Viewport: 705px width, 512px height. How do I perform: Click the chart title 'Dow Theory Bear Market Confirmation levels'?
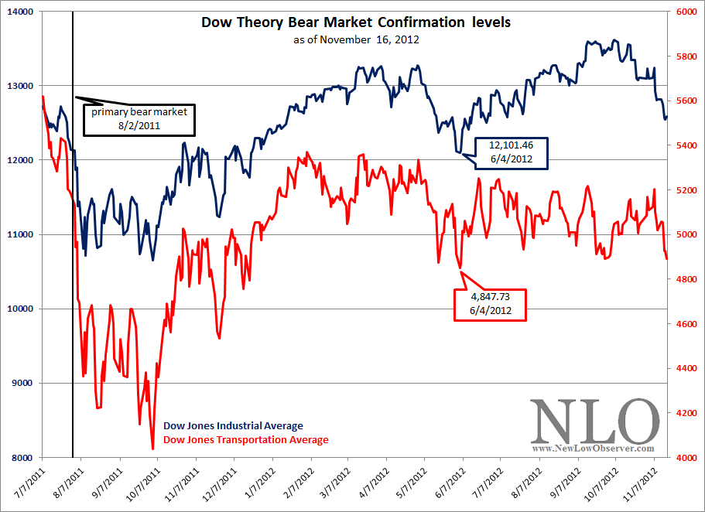click(x=355, y=22)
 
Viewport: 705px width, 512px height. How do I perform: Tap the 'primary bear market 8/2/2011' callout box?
click(x=139, y=118)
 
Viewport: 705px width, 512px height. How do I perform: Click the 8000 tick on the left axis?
click(x=20, y=458)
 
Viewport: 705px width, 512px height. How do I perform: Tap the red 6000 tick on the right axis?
click(x=684, y=12)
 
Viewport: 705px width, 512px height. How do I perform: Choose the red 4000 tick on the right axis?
click(x=684, y=458)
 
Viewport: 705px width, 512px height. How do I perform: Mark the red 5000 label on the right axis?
click(x=684, y=234)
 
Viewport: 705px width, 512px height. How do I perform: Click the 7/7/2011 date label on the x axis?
click(x=29, y=486)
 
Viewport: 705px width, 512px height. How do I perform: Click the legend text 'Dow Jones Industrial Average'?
click(x=233, y=426)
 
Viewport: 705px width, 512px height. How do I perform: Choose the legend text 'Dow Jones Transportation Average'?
click(x=245, y=440)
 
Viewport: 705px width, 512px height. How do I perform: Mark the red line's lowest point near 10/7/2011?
click(x=152, y=449)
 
